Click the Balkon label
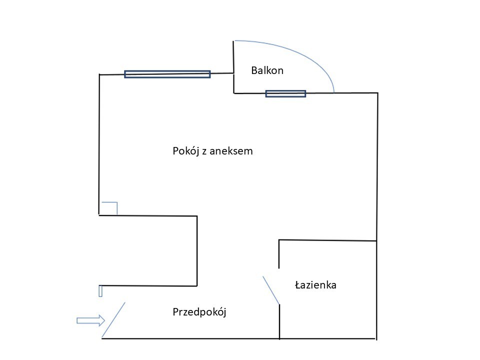267,70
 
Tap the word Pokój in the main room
186,151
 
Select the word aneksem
231,151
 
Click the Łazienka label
315,285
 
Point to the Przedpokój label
199,312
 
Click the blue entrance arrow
90,320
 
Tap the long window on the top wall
167,74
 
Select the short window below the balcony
285,93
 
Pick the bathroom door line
271,290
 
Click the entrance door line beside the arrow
113,320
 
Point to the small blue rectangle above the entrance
100,291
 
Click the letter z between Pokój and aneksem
204,152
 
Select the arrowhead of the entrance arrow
101,320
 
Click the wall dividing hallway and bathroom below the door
279,321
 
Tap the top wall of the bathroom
327,240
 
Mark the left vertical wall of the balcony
234,67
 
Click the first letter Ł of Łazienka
298,285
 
